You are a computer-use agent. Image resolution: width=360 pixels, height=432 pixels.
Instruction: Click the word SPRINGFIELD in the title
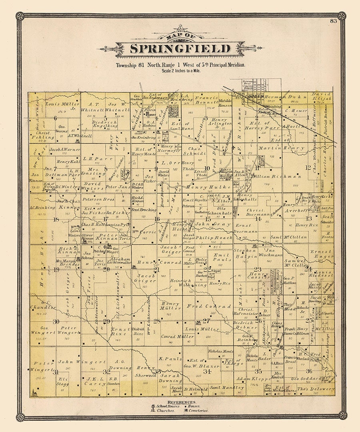[180, 49]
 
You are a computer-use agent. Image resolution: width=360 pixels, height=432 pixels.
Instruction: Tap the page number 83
[333, 21]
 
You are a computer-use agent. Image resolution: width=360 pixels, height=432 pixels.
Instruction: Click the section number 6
[55, 118]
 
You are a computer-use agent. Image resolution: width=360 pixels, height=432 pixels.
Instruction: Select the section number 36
[309, 371]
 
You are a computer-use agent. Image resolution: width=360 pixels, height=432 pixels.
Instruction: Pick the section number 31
[55, 372]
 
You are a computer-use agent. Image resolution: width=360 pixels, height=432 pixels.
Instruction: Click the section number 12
[308, 167]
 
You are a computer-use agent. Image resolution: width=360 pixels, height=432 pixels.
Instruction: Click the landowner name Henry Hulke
[203, 187]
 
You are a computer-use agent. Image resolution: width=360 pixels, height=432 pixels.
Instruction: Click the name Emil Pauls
[222, 257]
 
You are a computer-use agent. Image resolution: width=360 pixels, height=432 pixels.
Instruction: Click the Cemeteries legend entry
[196, 410]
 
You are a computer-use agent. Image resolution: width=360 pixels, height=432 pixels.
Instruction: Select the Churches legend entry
[162, 410]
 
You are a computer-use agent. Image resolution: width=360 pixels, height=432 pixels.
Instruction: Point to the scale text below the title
[180, 71]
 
